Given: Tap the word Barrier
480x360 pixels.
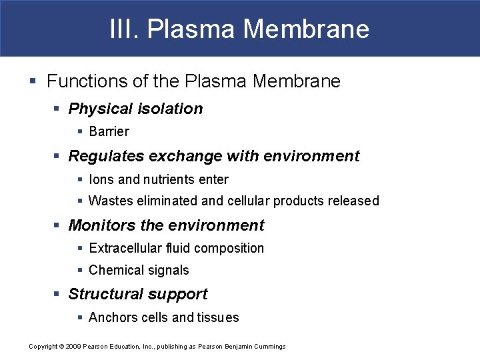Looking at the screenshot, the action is click(109, 131).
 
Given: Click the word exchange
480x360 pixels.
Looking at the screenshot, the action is click(189, 156).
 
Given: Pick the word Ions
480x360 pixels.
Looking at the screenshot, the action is click(101, 179).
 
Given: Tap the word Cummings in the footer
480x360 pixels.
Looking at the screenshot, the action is click(268, 347).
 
